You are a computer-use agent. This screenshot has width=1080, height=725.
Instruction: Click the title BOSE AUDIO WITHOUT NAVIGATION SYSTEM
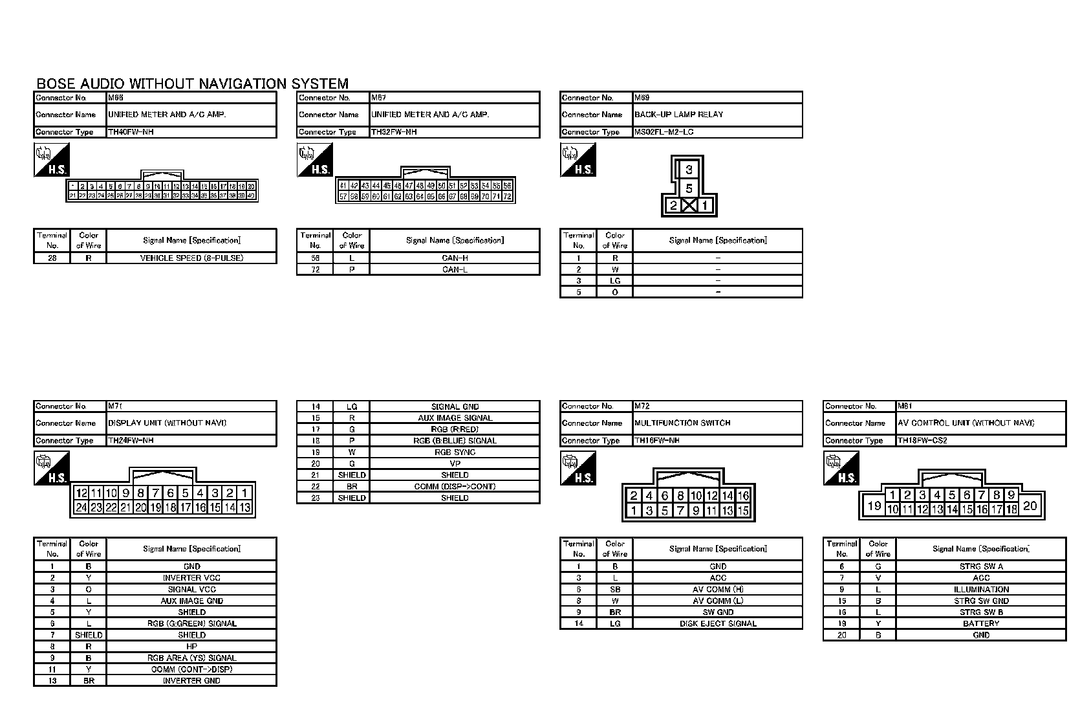point(192,84)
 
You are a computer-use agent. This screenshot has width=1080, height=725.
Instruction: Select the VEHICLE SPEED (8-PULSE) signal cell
point(191,258)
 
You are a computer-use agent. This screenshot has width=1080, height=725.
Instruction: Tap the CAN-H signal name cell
point(455,258)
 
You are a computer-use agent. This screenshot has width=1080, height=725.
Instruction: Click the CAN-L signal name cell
point(455,269)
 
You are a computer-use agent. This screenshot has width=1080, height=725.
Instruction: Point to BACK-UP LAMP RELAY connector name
point(678,115)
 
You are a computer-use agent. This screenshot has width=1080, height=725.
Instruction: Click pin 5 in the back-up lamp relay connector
point(689,188)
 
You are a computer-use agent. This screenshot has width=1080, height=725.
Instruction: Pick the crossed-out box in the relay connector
point(689,206)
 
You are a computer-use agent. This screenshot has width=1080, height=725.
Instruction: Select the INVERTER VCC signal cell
point(191,577)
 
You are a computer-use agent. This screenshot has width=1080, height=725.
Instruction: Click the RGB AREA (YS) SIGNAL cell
point(191,658)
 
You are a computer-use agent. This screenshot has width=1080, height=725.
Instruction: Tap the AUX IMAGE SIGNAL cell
point(455,418)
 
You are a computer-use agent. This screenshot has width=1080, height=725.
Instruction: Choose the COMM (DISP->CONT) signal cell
point(455,486)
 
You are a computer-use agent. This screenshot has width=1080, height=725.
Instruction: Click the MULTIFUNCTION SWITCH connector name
point(682,423)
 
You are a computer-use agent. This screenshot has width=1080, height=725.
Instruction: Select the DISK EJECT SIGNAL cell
point(718,623)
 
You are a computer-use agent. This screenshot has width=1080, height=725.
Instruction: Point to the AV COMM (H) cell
point(718,589)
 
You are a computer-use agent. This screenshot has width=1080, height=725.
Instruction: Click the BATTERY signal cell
point(981,623)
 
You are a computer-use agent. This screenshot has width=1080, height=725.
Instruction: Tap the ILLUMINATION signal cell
point(981,589)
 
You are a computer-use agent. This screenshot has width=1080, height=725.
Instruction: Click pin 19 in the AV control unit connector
point(874,506)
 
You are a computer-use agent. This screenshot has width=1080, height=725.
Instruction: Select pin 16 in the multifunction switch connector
point(743,496)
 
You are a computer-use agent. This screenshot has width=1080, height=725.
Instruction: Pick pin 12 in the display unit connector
point(81,493)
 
